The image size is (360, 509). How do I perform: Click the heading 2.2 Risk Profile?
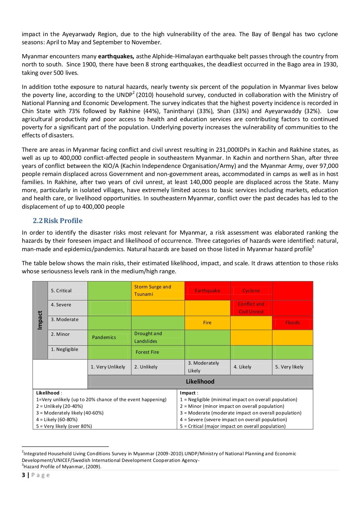tap(58, 221)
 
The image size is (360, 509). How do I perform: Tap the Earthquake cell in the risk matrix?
tap(207, 291)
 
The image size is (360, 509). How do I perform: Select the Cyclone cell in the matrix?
tap(251, 291)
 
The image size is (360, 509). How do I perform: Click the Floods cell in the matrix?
tap(292, 322)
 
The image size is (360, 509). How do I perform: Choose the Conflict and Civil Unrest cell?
tap(251, 308)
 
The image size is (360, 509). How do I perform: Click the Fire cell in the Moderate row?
tap(207, 322)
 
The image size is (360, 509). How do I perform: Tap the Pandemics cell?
tap(104, 337)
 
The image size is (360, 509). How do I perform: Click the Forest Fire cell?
tap(147, 352)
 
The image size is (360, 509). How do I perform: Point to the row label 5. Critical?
tap(61, 291)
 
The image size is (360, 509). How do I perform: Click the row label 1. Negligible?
tap(65, 349)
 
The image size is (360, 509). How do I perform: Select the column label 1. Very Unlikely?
tap(108, 367)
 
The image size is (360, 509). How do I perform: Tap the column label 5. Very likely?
tap(289, 367)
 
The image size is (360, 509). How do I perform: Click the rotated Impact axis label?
tap(40, 320)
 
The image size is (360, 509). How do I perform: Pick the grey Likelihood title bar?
tap(200, 381)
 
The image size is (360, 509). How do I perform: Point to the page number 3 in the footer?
tap(24, 475)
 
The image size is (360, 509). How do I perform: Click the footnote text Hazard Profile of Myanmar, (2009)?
tap(62, 466)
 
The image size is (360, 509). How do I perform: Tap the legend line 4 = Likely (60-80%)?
tap(57, 419)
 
